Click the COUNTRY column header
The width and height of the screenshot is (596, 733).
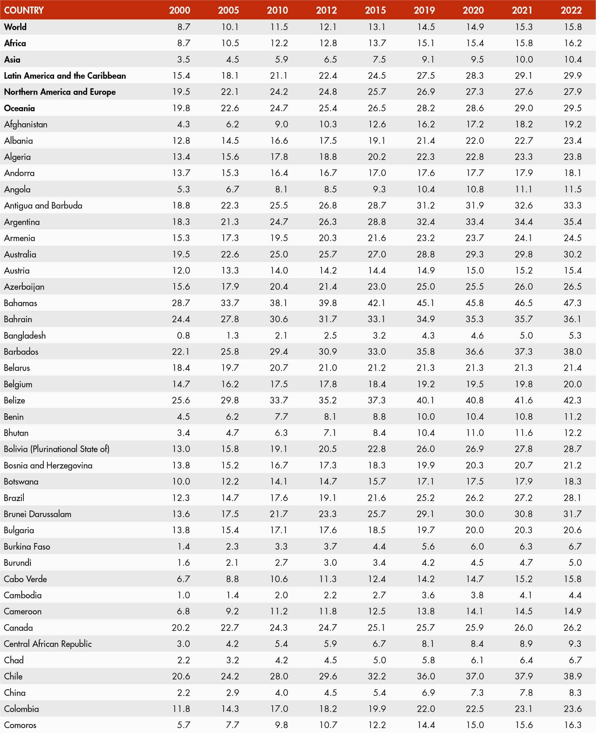coord(24,10)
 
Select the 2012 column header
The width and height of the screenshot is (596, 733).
coord(326,10)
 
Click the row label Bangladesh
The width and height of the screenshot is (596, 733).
coord(25,335)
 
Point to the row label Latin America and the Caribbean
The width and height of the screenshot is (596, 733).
coord(65,75)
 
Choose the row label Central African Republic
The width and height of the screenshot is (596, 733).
coord(48,644)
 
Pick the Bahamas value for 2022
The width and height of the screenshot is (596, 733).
coord(572,303)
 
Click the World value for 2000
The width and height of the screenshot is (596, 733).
coord(184,27)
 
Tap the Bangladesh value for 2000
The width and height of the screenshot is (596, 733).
coord(183,335)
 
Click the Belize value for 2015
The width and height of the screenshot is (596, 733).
coord(377,400)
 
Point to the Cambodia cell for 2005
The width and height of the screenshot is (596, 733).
coord(232,595)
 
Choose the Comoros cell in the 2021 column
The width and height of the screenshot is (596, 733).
coord(524,725)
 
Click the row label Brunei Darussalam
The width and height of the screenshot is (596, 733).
coord(38,514)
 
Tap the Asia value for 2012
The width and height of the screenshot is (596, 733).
coord(330,59)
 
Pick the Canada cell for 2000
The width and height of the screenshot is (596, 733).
coord(181,628)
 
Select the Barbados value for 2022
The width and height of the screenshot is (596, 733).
coord(572,351)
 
